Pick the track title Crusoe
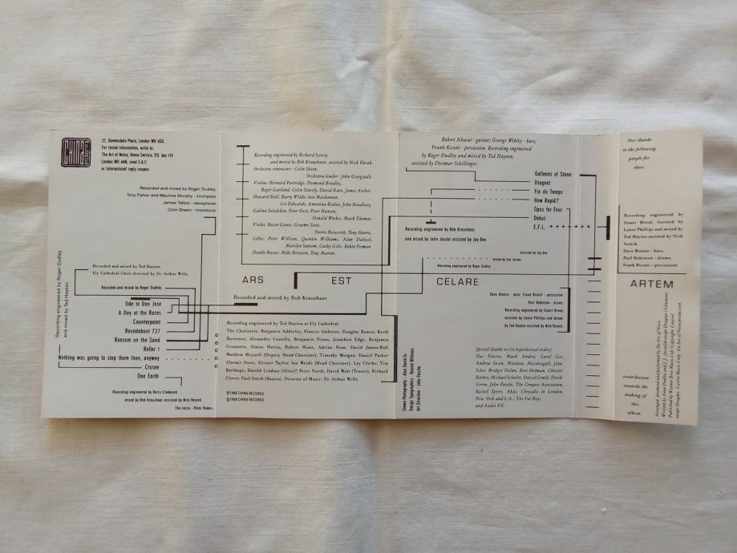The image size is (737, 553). [152, 367]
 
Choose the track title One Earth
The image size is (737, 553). [148, 376]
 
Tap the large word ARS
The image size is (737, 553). [253, 281]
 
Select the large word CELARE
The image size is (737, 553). [458, 282]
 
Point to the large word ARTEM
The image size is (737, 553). [651, 284]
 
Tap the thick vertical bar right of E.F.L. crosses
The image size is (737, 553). [610, 226]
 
